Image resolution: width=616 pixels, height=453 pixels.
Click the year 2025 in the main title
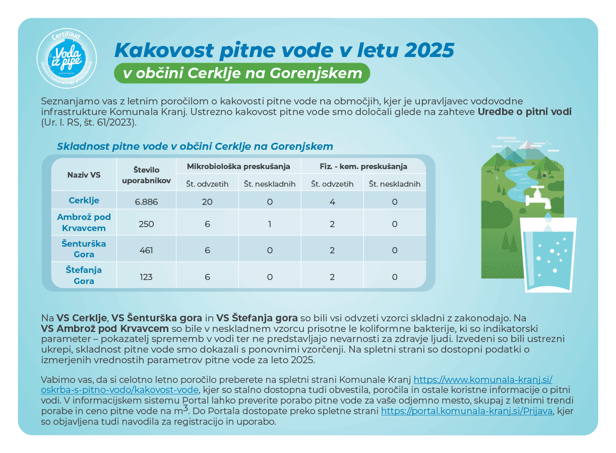coord(429,50)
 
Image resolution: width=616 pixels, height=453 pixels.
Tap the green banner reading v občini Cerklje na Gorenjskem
coord(242,73)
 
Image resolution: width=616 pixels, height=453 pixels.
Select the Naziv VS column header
coord(84,175)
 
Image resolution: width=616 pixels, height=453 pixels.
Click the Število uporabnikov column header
coord(147,175)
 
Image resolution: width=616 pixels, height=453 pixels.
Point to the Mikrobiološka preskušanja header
coord(238,166)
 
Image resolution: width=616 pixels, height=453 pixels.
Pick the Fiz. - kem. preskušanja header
coord(363,166)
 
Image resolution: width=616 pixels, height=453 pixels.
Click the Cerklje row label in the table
coord(84,200)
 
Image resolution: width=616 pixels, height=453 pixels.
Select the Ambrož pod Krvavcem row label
coord(84,222)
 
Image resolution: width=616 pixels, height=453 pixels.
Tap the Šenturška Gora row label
coord(84,249)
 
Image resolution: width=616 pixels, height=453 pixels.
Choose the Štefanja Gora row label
coord(84,275)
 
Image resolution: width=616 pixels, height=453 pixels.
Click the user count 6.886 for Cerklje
coord(147,202)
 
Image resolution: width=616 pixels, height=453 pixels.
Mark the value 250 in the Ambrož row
coord(147,224)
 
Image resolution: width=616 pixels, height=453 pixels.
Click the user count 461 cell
coord(147,250)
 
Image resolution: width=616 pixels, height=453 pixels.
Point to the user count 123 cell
coord(147,277)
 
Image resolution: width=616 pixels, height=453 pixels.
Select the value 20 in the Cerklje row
coord(207,202)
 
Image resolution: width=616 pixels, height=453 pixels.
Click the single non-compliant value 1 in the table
coord(270,224)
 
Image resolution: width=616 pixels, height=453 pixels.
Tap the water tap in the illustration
coord(538,198)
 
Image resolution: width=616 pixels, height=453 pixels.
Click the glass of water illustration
coord(548,255)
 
